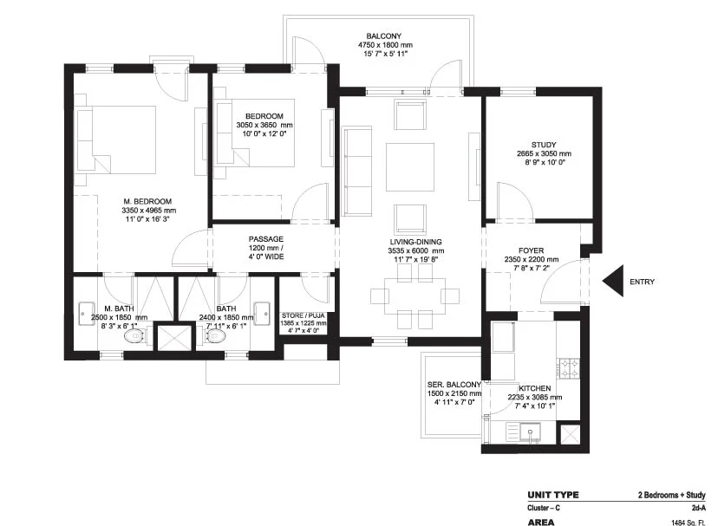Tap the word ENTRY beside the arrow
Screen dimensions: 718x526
pos(642,282)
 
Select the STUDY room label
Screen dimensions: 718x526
pos(544,145)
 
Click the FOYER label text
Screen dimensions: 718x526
pos(532,250)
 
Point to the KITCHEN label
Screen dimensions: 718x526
pos(535,388)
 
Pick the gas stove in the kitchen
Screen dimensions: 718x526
pos(569,368)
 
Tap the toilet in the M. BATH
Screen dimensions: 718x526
pos(135,337)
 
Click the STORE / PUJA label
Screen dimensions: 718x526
pos(304,316)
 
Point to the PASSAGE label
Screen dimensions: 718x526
pos(266,239)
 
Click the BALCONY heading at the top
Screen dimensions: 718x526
pos(384,36)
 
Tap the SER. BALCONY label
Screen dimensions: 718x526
pos(454,385)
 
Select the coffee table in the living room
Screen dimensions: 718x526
pos(410,167)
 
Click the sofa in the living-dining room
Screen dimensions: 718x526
pos(357,172)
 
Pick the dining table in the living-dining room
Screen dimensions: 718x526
pos(414,295)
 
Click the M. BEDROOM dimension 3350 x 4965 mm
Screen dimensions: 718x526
pos(149,211)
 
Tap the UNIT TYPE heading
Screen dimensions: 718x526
pos(553,495)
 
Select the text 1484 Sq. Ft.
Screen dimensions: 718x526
pos(689,523)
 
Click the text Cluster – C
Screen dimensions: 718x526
pos(544,508)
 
